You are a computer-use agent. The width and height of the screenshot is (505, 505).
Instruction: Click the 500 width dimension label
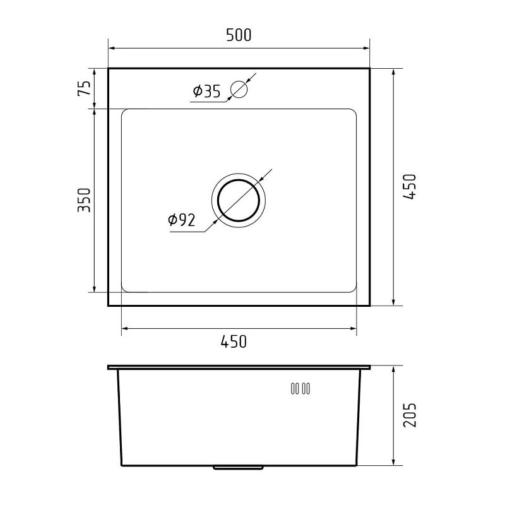(239, 35)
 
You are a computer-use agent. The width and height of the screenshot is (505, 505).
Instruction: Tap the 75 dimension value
(85, 88)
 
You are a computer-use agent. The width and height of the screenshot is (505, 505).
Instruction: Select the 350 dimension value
(85, 200)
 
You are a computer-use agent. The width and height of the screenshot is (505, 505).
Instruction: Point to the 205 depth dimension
(410, 415)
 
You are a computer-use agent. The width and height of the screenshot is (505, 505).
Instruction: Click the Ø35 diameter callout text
(207, 91)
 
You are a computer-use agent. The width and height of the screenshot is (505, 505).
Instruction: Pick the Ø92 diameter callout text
(182, 220)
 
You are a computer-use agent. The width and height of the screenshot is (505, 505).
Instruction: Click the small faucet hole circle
(239, 89)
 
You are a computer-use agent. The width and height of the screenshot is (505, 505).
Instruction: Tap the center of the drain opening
(239, 200)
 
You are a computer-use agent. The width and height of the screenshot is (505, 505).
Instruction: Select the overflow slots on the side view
(300, 389)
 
